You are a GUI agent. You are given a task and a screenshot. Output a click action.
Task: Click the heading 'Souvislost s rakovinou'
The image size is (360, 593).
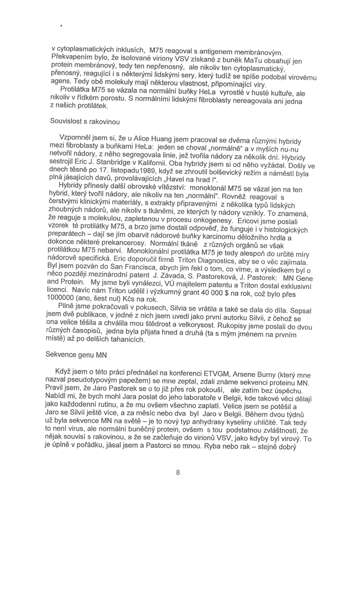(85, 121)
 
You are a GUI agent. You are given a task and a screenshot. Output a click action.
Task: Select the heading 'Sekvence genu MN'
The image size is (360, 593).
(76, 354)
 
